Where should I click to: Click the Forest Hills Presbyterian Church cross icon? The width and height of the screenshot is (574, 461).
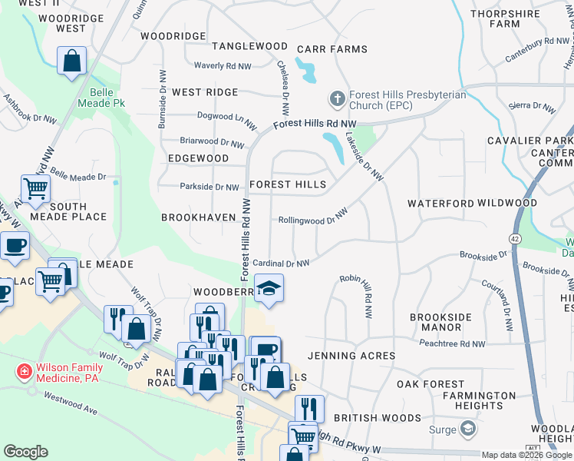click(336, 99)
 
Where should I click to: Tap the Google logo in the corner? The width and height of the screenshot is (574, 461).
click(25, 451)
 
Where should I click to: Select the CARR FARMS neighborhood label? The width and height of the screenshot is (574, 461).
click(332, 49)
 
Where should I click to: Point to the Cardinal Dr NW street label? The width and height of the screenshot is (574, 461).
click(281, 263)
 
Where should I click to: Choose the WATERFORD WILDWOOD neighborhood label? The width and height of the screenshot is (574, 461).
click(472, 203)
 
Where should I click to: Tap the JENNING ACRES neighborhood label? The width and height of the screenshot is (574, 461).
click(351, 356)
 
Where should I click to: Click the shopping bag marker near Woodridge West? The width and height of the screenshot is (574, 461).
click(71, 61)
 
